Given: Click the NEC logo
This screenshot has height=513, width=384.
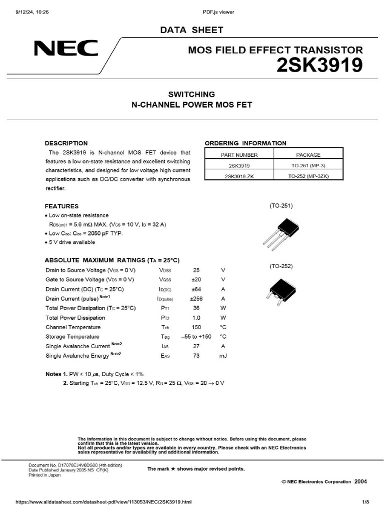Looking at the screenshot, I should [66, 49].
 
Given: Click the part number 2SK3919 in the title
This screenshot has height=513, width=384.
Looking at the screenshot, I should [319, 66].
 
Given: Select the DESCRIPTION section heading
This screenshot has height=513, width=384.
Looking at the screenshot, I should [66, 143].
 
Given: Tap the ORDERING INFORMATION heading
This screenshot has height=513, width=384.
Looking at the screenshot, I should [245, 143].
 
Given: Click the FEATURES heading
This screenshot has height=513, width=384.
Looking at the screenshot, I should [61, 206].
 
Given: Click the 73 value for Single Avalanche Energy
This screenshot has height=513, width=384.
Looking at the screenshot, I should [196, 356].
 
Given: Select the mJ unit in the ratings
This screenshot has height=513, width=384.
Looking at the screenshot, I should [223, 356].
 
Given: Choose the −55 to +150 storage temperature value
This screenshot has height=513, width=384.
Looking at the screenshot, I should [196, 337].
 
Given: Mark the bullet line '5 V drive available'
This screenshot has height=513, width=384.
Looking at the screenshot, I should [71, 242].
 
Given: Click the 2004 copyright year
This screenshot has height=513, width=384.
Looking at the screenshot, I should [360, 481].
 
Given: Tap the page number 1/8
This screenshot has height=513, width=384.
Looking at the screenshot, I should [365, 502].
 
